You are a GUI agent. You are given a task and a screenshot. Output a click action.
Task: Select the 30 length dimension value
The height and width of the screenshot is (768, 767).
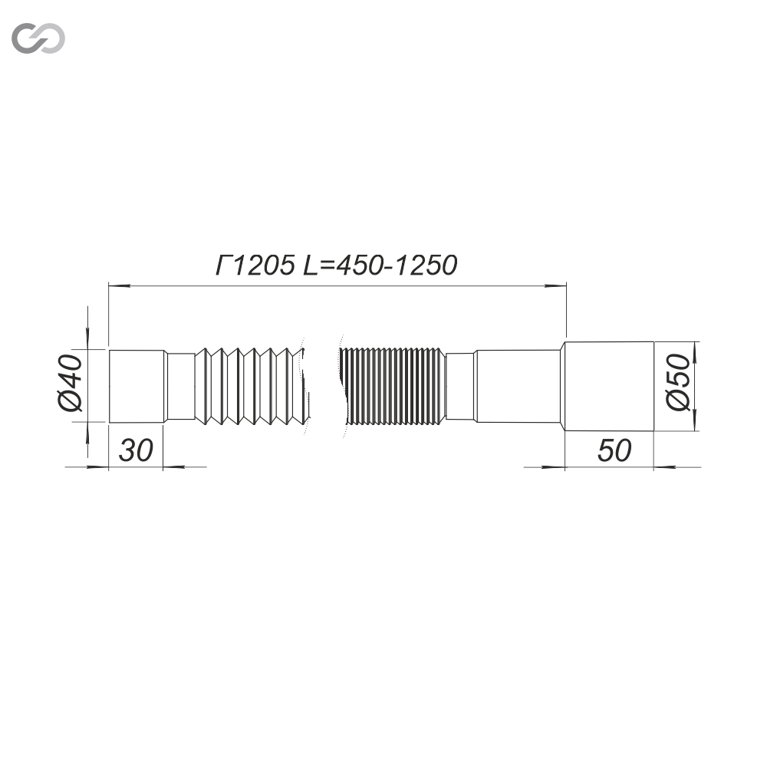point(136,451)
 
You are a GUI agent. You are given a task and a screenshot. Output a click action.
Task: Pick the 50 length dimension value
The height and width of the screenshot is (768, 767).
point(614,451)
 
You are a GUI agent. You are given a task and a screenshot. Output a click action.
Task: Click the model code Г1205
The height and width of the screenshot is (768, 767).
point(254,265)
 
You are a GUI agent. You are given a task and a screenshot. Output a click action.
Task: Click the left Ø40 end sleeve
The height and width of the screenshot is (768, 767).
point(137,385)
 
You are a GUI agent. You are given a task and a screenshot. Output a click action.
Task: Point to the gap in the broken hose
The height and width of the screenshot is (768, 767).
point(324,385)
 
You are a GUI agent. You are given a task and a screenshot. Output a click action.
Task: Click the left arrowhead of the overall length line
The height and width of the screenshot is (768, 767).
point(119,285)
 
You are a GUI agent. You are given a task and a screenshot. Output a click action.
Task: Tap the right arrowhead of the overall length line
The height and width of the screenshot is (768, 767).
point(555,285)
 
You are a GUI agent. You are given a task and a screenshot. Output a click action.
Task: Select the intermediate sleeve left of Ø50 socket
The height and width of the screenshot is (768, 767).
point(517,385)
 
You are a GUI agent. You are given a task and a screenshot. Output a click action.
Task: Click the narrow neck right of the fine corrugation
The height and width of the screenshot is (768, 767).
point(459,386)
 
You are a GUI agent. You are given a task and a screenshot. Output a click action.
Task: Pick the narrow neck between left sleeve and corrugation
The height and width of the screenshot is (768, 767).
point(181,386)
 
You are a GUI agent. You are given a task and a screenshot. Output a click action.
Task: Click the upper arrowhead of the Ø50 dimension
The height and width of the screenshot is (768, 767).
point(695,352)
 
